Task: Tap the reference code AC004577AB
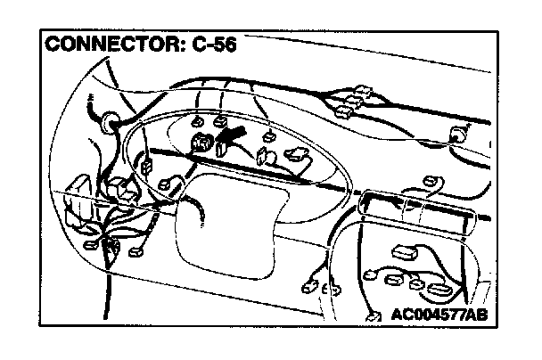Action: [x=444, y=315]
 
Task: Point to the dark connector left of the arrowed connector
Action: [x=202, y=140]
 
